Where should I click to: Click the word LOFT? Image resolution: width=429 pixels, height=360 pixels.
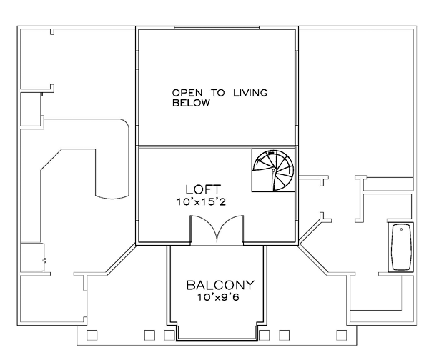(203, 189)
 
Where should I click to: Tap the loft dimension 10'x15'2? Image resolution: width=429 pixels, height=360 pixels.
(201, 202)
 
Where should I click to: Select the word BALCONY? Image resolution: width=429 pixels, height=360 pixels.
(220, 285)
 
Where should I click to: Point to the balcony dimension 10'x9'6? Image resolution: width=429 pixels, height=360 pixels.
(218, 297)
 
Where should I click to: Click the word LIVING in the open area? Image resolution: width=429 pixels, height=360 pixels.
(250, 93)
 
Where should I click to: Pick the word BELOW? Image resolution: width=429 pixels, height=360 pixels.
(191, 103)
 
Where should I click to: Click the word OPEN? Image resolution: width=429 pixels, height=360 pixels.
(187, 93)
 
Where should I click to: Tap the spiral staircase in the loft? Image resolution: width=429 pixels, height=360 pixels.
(273, 170)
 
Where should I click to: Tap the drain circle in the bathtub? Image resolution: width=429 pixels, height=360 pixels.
(401, 229)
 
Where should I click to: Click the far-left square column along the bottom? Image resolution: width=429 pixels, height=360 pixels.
(92, 336)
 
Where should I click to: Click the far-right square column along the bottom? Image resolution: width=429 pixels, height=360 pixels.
(342, 336)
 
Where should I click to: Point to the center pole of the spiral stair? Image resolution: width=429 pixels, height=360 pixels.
(273, 170)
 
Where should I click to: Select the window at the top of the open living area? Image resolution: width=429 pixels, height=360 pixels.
(217, 27)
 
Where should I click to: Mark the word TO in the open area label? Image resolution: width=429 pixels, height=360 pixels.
(218, 93)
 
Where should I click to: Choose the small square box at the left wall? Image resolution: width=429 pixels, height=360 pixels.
(32, 257)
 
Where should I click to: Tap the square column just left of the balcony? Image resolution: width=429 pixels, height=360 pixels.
(169, 336)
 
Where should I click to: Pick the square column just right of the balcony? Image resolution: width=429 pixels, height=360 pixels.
(265, 336)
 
